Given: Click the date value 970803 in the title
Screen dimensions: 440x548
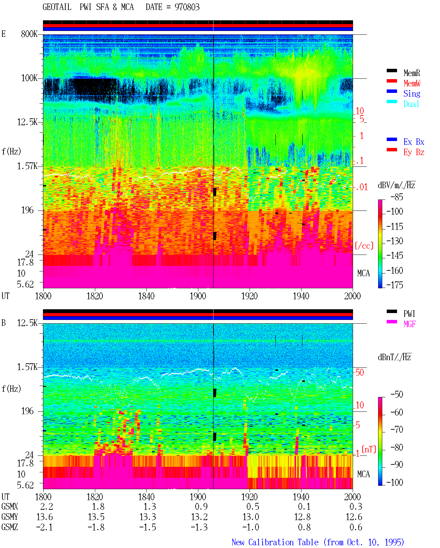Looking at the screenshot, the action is (187, 7).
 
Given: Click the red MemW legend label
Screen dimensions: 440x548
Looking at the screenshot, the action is (411, 83).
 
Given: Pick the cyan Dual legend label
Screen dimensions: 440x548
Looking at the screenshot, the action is (411, 104).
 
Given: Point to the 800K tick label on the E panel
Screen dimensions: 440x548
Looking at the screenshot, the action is (29, 34).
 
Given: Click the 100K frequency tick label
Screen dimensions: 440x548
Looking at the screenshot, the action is (29, 78).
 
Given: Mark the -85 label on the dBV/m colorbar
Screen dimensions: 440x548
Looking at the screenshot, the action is (396, 197).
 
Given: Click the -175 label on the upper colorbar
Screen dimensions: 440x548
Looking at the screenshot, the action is (395, 285).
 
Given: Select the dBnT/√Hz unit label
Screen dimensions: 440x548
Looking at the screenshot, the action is (394, 357).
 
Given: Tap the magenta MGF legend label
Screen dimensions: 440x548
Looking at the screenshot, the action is (409, 324).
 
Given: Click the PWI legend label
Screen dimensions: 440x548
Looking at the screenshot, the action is (409, 314).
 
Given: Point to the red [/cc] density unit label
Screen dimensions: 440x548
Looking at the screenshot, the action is (364, 246).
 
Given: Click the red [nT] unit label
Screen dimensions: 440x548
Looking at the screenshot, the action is (369, 449).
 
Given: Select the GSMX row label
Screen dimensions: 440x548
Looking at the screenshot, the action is (10, 506).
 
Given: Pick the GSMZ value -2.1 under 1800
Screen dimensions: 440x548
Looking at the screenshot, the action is (44, 527).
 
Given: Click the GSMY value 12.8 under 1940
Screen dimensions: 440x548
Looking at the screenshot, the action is (302, 517).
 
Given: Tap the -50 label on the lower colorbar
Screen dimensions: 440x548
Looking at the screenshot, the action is (396, 395).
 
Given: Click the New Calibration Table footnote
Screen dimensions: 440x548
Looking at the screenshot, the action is (318, 542).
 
